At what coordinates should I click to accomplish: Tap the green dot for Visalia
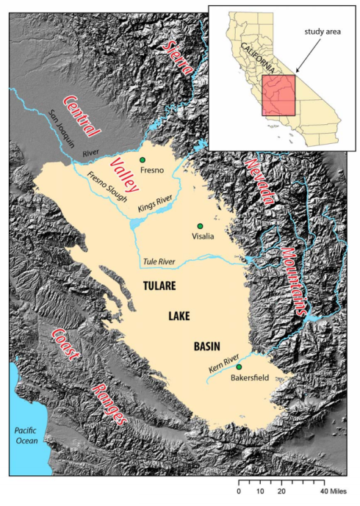pyautogui.click(x=199, y=225)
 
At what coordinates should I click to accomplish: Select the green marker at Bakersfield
pyautogui.click(x=238, y=366)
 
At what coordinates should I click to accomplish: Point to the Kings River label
pyautogui.click(x=155, y=206)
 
